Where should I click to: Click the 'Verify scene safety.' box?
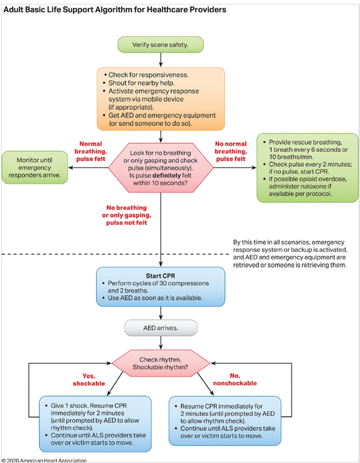click(x=161, y=44)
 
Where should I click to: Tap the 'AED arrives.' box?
click(x=161, y=327)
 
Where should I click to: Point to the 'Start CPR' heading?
click(x=161, y=276)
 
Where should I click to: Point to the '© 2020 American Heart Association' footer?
click(x=44, y=459)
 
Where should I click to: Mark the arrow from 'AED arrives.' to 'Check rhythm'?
click(x=161, y=344)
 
